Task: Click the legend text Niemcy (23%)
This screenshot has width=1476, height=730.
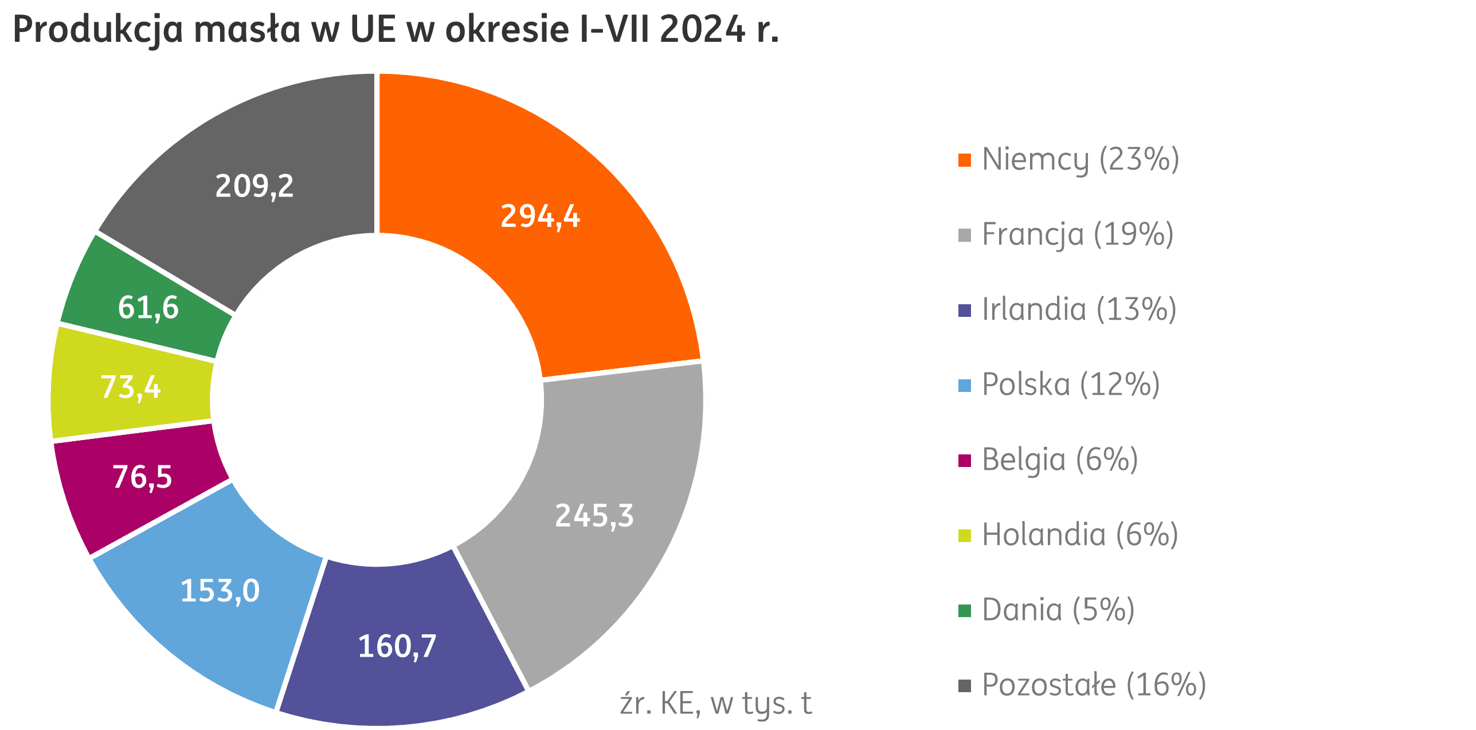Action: point(1080,159)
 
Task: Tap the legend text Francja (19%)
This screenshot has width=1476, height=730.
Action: point(1078,234)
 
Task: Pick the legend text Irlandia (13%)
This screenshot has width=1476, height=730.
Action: point(1079,309)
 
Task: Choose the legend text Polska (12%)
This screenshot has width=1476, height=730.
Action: point(1071,384)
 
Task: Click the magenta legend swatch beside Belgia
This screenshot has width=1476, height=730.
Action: point(965,461)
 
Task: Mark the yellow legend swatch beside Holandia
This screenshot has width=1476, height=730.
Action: point(965,536)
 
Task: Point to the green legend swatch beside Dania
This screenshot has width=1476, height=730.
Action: point(965,611)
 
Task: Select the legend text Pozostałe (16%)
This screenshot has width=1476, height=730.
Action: point(1094,685)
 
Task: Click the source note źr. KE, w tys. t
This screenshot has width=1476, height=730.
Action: point(715,704)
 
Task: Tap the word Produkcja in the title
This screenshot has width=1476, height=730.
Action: point(97,30)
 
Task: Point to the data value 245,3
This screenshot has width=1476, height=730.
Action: point(594,515)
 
